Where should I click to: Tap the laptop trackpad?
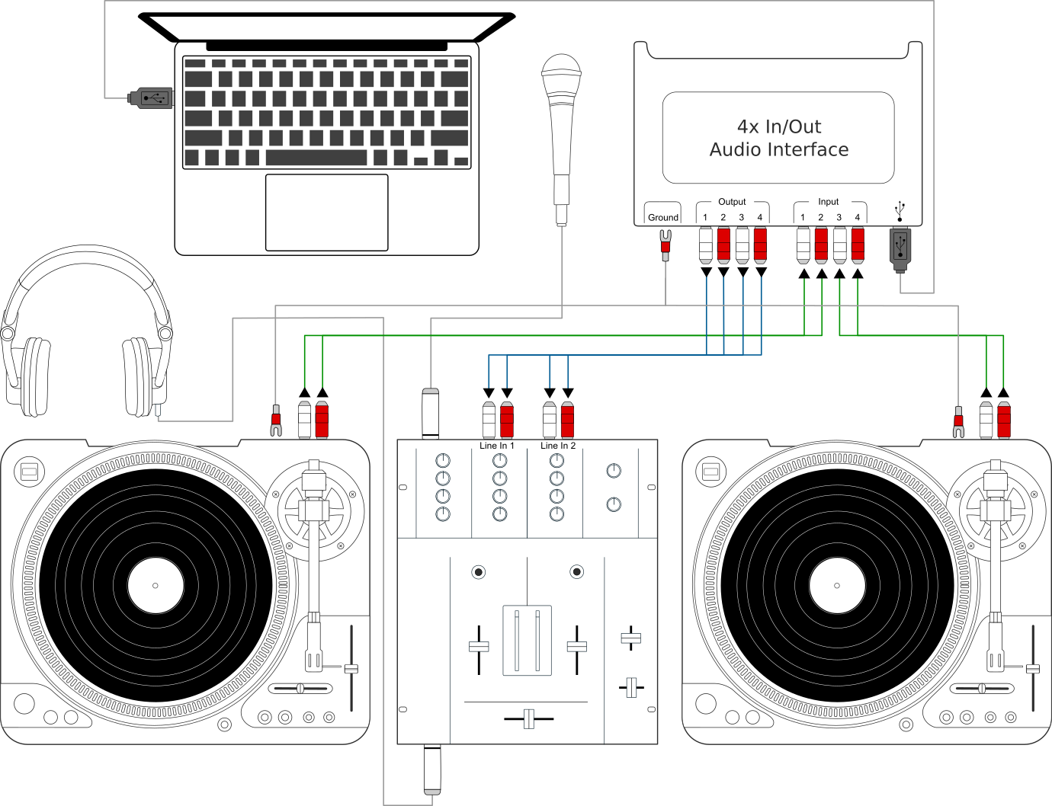326,212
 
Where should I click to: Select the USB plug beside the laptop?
151,98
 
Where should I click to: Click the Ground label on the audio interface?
662,217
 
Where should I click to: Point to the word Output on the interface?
732,202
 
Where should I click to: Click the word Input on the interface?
828,202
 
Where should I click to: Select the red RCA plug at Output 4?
760,245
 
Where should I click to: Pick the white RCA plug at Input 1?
803,245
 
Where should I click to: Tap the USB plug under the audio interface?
900,248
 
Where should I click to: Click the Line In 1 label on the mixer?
496,446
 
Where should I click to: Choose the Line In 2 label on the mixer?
558,446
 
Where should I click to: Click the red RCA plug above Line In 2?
567,420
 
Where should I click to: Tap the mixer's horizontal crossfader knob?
528,718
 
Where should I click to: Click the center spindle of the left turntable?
156,586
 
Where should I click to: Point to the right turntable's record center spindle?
837,586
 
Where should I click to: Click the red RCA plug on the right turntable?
1003,420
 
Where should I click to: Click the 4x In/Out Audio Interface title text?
778,138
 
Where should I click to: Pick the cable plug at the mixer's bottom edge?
432,771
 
